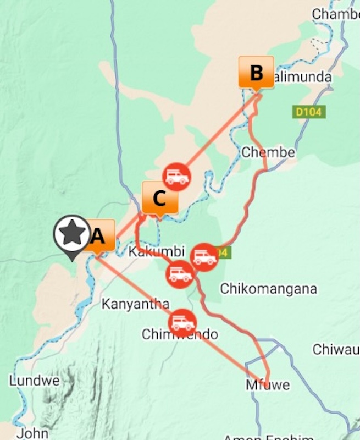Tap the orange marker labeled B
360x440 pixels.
[256, 72]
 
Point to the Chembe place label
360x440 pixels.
[268, 152]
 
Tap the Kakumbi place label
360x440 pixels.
[148, 252]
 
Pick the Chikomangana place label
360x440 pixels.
[268, 288]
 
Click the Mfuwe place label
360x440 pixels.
[267, 385]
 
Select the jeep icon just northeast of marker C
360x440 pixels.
[177, 177]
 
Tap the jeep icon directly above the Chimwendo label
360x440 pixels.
[182, 322]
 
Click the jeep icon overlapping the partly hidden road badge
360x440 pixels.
[204, 256]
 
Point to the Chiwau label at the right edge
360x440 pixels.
[336, 349]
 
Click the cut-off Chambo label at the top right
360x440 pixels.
[335, 14]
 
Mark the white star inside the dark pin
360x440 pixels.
[71, 233]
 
